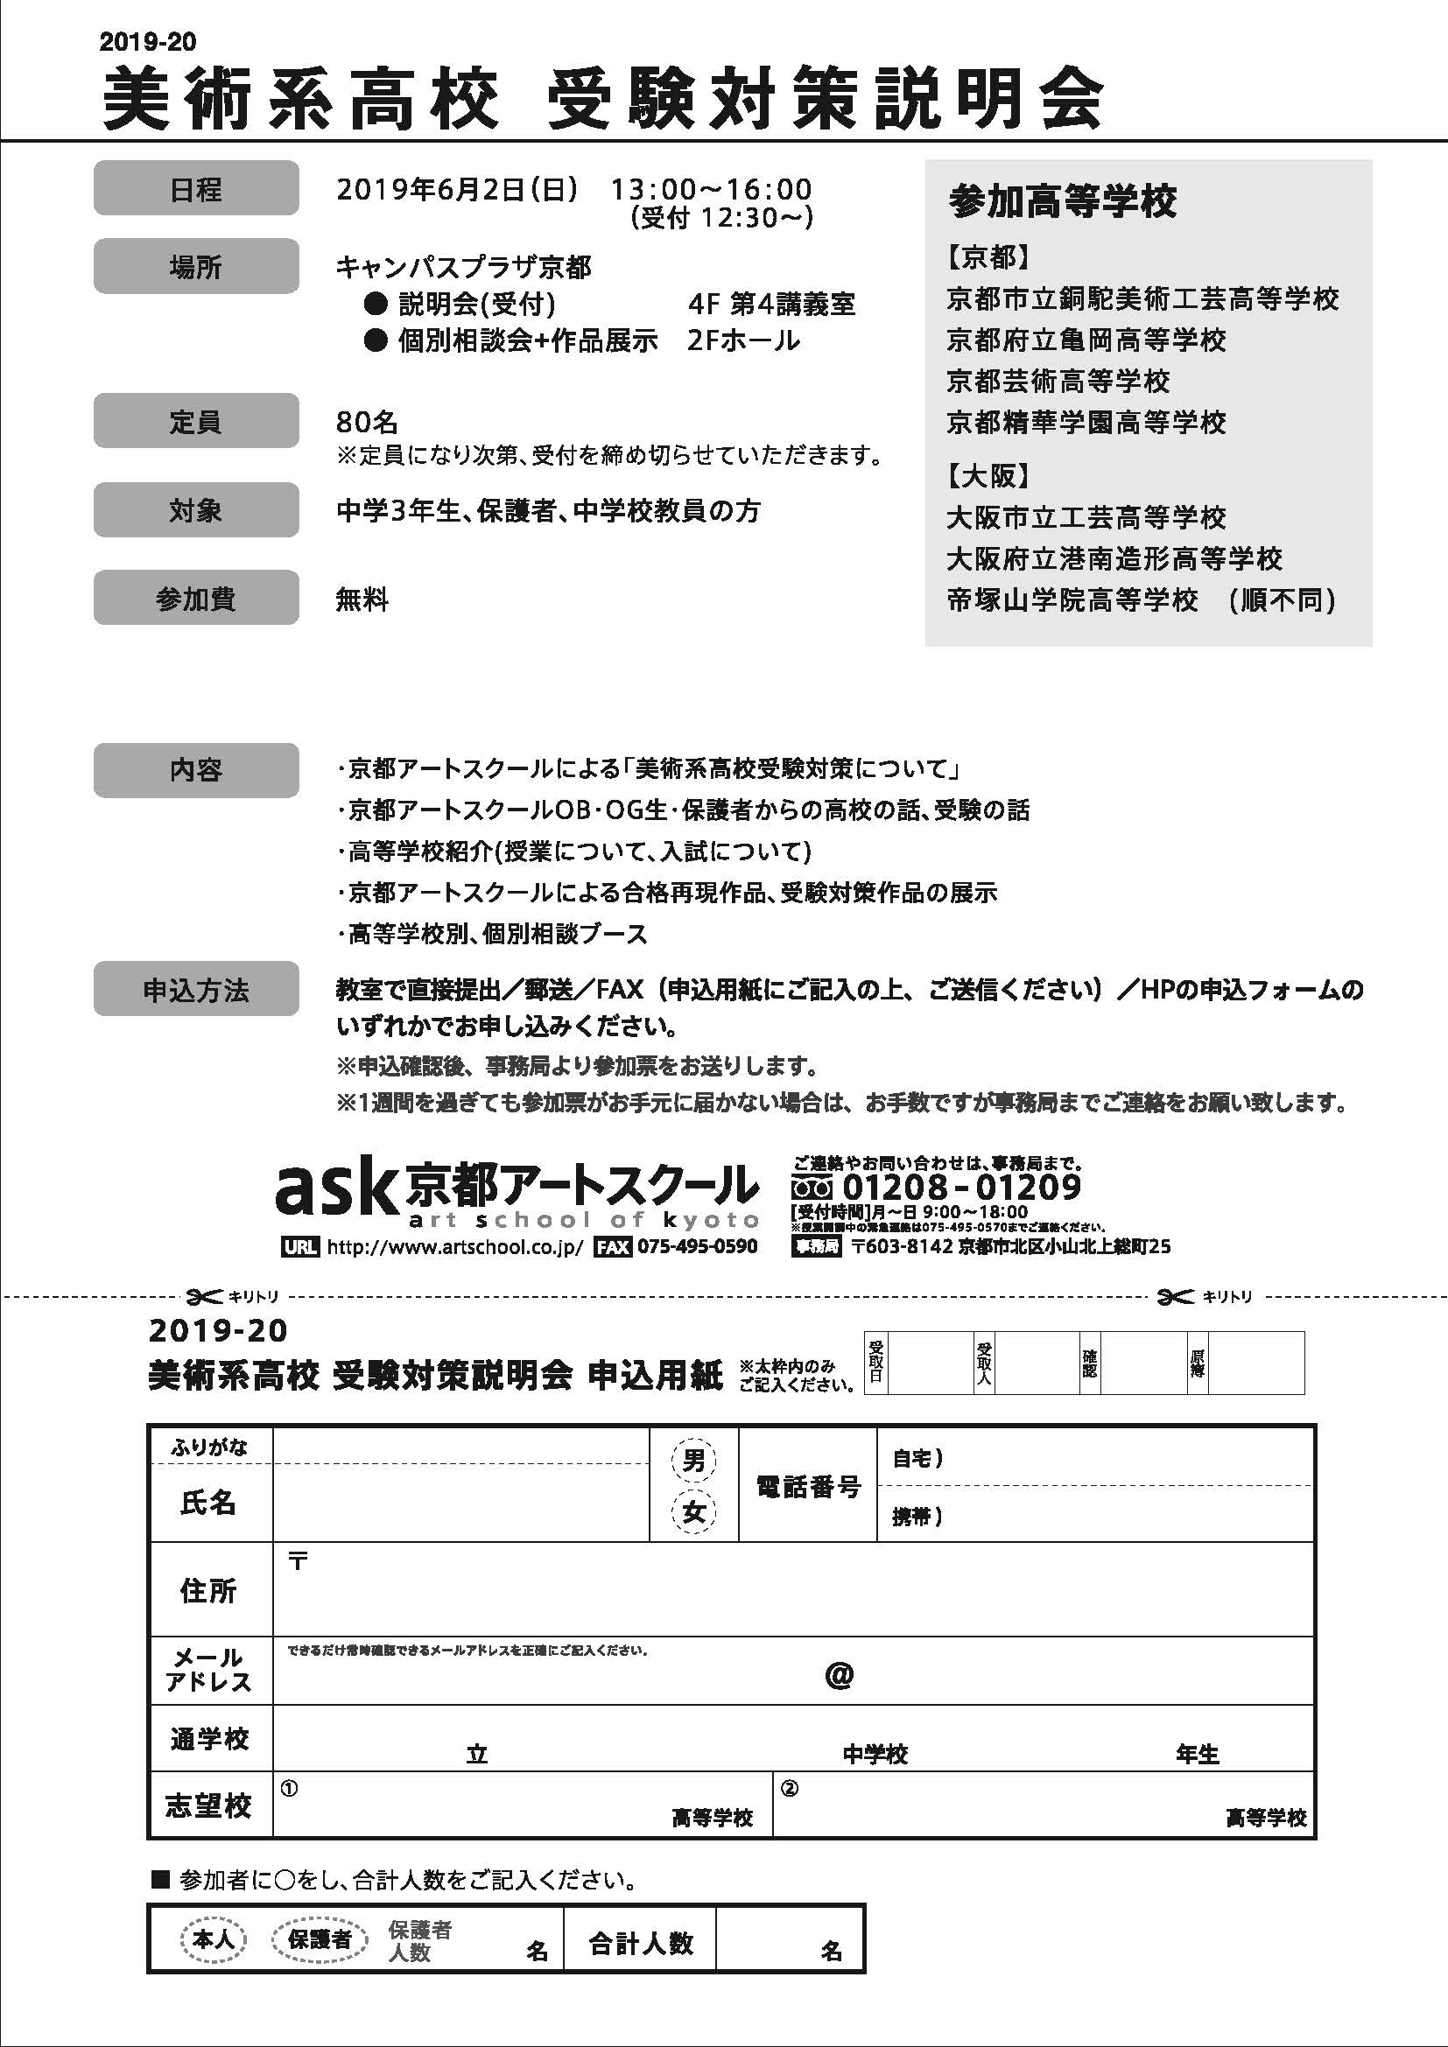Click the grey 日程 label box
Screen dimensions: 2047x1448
click(195, 188)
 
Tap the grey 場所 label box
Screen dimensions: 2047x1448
click(195, 266)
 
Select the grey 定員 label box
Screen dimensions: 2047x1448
click(195, 421)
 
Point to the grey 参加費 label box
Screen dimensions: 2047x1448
click(195, 598)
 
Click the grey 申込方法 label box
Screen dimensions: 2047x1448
click(195, 989)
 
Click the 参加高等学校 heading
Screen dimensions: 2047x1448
click(1062, 201)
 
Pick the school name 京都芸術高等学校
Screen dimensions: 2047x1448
click(1058, 381)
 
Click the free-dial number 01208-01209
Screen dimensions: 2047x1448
click(961, 1187)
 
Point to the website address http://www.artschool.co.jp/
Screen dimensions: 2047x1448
click(454, 1246)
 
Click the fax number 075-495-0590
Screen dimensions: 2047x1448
click(697, 1246)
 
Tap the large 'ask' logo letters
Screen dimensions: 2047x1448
click(334, 1188)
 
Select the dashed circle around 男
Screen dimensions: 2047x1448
click(693, 1460)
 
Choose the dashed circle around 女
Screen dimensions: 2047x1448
click(693, 1511)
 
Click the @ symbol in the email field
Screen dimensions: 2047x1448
click(839, 1675)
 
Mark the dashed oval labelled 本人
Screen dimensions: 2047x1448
click(213, 1938)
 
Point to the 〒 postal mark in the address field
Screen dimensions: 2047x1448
click(298, 1561)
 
